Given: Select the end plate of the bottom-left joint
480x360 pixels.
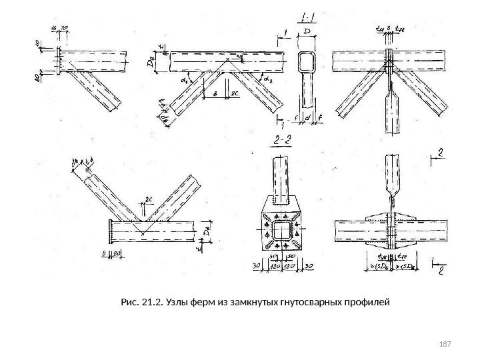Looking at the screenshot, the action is tap(108, 233).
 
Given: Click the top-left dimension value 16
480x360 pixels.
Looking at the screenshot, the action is tap(53, 28).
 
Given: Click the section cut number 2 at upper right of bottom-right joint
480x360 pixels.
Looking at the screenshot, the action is tap(440, 154).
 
